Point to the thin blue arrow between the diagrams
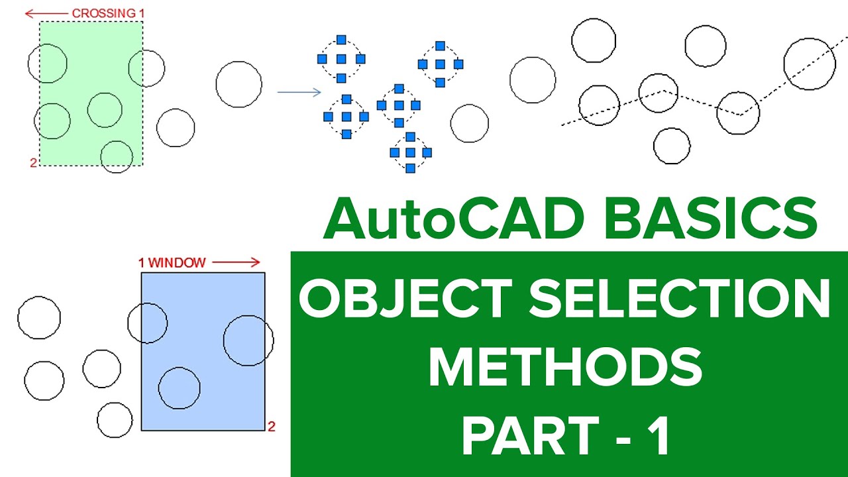(x=299, y=92)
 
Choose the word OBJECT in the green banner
(x=405, y=299)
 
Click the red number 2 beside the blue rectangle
(x=272, y=427)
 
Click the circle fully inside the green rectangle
(x=105, y=110)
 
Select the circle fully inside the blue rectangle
(x=179, y=388)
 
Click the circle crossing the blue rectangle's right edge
(x=248, y=341)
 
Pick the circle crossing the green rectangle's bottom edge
(x=117, y=156)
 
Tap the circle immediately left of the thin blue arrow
(x=238, y=84)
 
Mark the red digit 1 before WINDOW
(x=141, y=262)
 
